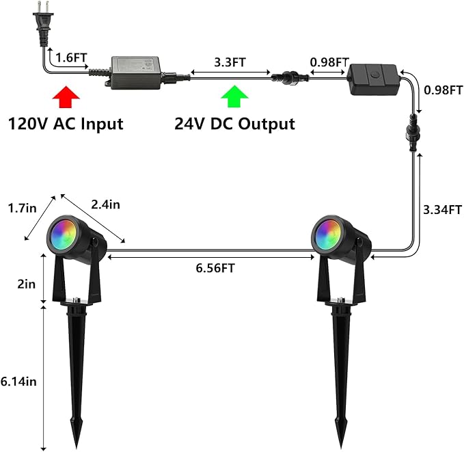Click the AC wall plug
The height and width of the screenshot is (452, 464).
click(x=43, y=25)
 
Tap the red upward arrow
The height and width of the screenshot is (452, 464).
click(x=66, y=97)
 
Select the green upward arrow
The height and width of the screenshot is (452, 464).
click(x=234, y=96)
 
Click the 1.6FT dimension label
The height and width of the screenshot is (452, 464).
click(x=71, y=57)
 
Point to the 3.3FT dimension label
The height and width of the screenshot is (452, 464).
click(x=230, y=62)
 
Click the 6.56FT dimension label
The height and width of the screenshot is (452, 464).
click(x=215, y=268)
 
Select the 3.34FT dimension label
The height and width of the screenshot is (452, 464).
click(x=442, y=210)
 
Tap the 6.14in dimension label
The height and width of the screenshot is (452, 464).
click(x=18, y=381)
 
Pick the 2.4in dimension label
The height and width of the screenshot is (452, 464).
click(x=105, y=204)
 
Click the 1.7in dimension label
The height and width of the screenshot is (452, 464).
click(x=22, y=208)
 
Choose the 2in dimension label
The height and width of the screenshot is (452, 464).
click(x=27, y=284)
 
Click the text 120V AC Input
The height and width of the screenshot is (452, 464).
click(x=66, y=124)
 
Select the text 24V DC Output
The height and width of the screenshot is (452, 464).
click(x=234, y=124)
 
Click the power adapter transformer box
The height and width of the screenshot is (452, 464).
click(x=136, y=73)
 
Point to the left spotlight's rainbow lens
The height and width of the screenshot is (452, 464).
click(x=64, y=235)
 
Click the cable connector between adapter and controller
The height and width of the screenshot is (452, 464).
click(x=290, y=78)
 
